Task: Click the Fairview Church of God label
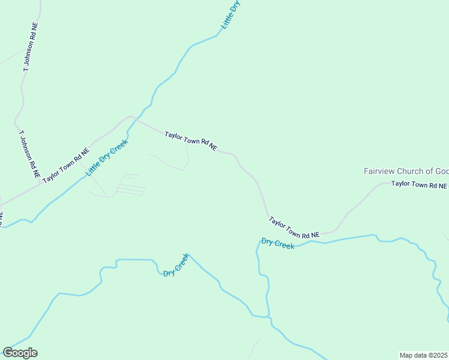[x=406, y=171]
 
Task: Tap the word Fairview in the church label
[x=378, y=171]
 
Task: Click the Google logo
[x=20, y=353]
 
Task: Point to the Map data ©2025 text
[x=423, y=355]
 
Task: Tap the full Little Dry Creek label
[x=107, y=158]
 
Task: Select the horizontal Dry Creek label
[x=278, y=244]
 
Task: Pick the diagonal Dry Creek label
[x=176, y=265]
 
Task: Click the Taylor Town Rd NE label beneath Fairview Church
[x=419, y=185]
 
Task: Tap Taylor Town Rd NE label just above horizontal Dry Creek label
[x=293, y=229]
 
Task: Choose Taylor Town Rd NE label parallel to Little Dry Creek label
[x=65, y=165]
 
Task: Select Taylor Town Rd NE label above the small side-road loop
[x=190, y=142]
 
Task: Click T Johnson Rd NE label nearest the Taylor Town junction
[x=29, y=155]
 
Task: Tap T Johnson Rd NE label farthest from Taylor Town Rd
[x=31, y=48]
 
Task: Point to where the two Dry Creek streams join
[x=268, y=316]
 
